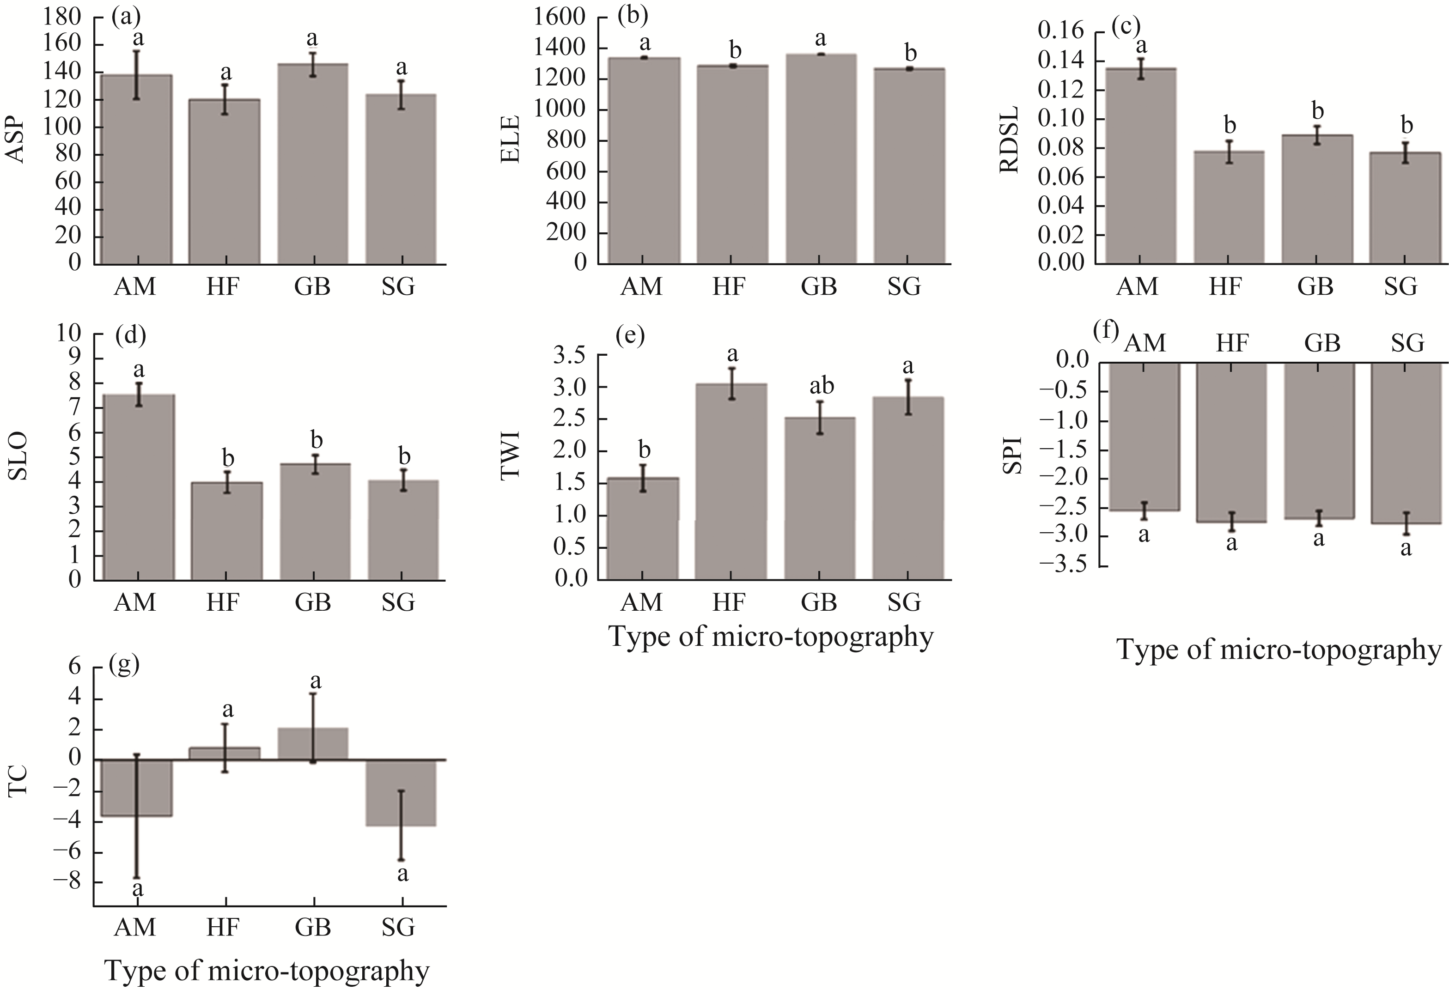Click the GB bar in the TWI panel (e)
(819, 499)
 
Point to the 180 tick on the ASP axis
(62, 18)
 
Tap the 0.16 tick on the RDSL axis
(1060, 31)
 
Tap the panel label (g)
(123, 665)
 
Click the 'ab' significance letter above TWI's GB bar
(821, 387)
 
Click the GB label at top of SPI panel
(1322, 343)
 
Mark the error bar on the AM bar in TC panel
(137, 817)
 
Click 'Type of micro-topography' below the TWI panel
(771, 637)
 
